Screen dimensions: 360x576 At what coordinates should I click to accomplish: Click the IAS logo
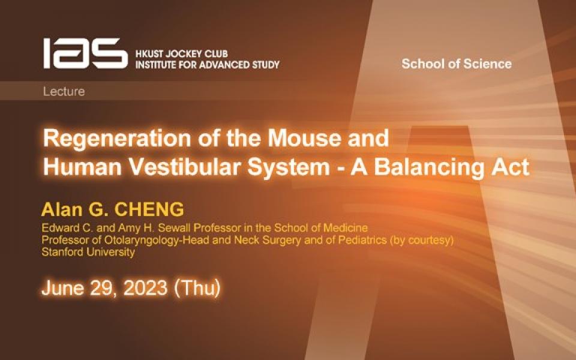click(84, 53)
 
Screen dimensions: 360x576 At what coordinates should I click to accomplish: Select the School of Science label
click(456, 64)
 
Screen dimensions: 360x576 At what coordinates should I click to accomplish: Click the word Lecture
click(64, 92)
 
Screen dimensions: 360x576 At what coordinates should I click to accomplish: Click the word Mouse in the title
click(288, 139)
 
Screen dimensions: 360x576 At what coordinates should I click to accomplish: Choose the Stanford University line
click(88, 252)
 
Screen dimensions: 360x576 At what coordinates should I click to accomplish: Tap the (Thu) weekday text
click(197, 288)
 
